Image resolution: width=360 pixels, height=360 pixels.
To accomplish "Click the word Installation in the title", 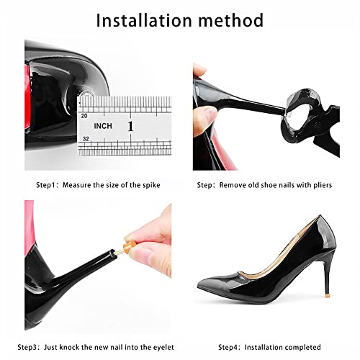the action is [144, 20].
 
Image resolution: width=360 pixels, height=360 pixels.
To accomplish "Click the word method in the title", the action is [231, 20].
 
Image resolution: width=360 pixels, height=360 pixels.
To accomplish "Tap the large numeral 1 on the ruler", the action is [130, 126].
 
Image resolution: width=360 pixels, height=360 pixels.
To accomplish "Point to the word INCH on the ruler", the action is [103, 126].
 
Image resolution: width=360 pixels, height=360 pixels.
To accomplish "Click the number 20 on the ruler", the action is [84, 116].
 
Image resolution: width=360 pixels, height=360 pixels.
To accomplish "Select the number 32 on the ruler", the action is [86, 139].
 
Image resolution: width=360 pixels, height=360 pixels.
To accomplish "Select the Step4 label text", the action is [229, 347].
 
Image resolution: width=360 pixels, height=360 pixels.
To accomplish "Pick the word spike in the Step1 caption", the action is [151, 185].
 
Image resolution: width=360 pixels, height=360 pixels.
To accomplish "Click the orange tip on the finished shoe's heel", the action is [327, 296].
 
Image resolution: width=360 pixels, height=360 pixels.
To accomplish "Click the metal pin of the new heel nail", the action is [120, 251].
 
